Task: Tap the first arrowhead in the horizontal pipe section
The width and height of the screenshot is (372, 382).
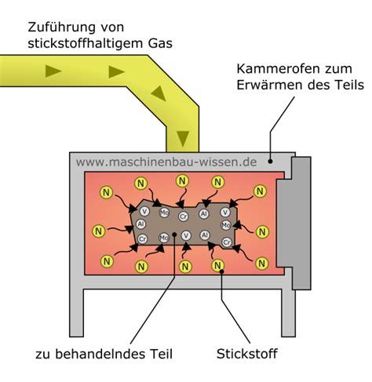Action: pos(54,71)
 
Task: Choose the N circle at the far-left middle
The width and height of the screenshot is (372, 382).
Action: pos(98,231)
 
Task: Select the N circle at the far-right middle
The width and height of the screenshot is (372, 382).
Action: pos(261,230)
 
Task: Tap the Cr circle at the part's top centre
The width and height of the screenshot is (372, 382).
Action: pos(184,215)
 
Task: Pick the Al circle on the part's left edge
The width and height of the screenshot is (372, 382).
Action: pos(142,224)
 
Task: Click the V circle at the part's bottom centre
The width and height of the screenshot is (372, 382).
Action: pos(185,236)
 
